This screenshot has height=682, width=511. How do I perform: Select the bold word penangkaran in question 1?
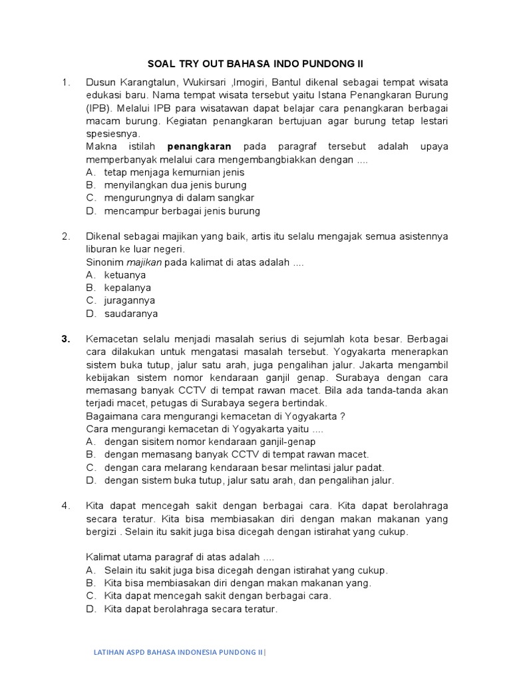click(199, 147)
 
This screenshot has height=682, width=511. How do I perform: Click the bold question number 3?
click(66, 338)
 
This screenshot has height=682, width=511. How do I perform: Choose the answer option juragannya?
click(130, 300)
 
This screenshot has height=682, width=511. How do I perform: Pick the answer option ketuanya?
click(125, 274)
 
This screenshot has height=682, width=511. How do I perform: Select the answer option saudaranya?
click(131, 313)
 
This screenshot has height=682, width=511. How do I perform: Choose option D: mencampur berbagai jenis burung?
click(182, 210)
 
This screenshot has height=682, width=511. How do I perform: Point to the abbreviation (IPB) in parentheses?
click(98, 108)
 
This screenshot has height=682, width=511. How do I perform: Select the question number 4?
click(66, 506)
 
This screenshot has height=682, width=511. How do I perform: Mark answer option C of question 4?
click(217, 595)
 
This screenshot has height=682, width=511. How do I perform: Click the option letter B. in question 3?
click(91, 454)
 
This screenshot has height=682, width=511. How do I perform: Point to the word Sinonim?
click(104, 262)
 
